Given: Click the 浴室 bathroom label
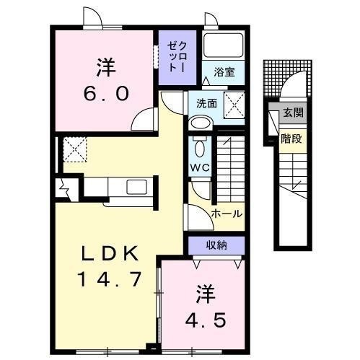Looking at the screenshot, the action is (x=224, y=72).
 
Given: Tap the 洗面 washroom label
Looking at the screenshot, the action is (x=206, y=103).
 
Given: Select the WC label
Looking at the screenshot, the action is (x=200, y=167).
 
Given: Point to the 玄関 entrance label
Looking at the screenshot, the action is (x=293, y=113).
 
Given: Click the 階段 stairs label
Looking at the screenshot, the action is (x=291, y=139).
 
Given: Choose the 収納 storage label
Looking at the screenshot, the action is (x=216, y=245).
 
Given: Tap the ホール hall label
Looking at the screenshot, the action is (x=227, y=214).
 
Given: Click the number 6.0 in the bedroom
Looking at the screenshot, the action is (x=106, y=94).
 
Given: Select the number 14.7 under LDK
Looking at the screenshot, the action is (x=110, y=279).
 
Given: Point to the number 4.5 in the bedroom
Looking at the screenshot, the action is (x=206, y=320).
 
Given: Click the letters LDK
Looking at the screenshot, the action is (x=110, y=253).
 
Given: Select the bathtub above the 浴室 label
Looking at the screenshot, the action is (x=223, y=45).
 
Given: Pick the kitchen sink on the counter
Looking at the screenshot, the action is (x=136, y=187).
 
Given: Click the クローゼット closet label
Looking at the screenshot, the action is (x=177, y=57).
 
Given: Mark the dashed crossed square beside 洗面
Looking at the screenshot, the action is (x=234, y=105).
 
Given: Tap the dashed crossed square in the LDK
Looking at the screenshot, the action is (x=75, y=149).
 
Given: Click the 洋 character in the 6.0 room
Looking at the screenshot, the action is (x=106, y=67).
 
